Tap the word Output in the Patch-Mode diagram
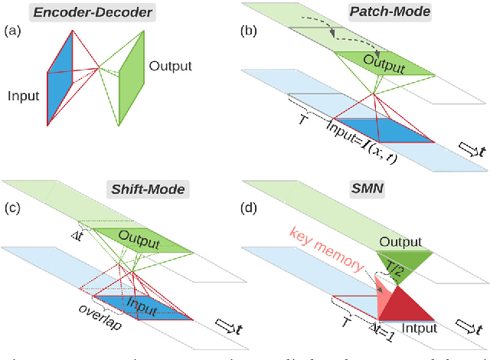(383, 64)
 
